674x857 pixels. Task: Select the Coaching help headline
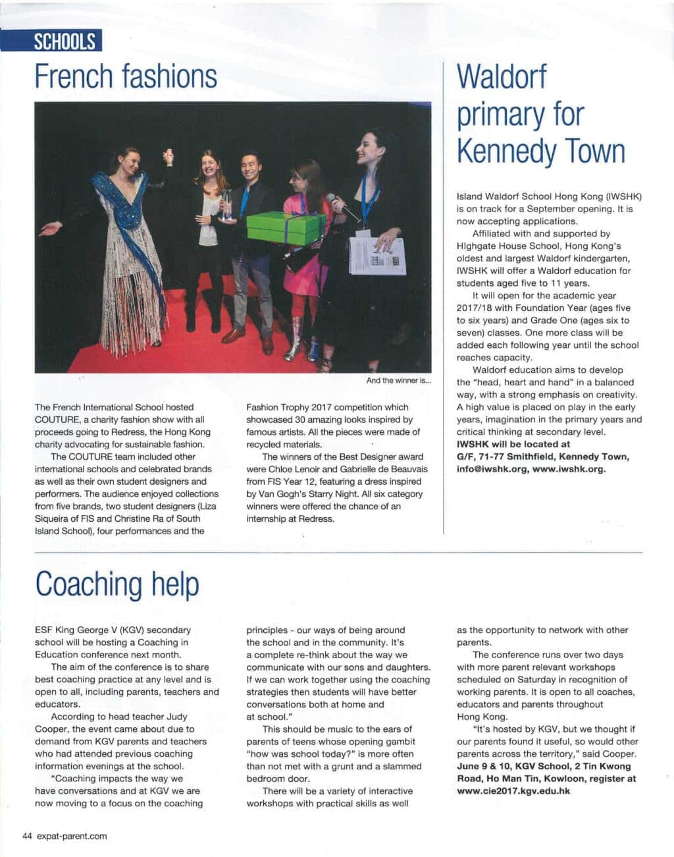tap(117, 584)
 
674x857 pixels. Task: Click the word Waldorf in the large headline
tap(502, 77)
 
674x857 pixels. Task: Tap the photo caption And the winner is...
tap(399, 381)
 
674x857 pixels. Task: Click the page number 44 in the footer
tap(28, 836)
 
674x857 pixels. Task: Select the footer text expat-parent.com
tap(72, 836)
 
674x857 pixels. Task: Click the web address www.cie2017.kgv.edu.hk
tap(513, 790)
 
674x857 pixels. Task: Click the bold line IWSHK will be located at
tap(513, 444)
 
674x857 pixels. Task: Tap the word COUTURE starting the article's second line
tap(57, 420)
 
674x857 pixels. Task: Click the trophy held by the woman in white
tap(226, 204)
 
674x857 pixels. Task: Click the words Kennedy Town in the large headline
tap(540, 151)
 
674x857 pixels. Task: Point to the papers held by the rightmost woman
tap(376, 256)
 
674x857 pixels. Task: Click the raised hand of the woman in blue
tap(168, 156)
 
